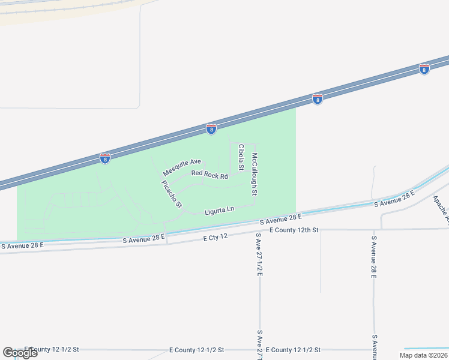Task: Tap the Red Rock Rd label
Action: pyautogui.click(x=209, y=175)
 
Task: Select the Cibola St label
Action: pyautogui.click(x=241, y=157)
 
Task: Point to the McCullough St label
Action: pyautogui.click(x=255, y=175)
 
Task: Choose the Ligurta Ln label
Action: pyautogui.click(x=218, y=210)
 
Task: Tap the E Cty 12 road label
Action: pyautogui.click(x=215, y=237)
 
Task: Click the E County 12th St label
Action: pyautogui.click(x=294, y=230)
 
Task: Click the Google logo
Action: pyautogui.click(x=20, y=353)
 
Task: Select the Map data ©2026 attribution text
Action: pyautogui.click(x=423, y=355)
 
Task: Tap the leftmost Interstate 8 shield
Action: pyautogui.click(x=105, y=158)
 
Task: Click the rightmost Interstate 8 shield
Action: pyautogui.click(x=424, y=70)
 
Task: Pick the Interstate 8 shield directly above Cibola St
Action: pyautogui.click(x=211, y=128)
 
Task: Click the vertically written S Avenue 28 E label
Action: pyautogui.click(x=373, y=257)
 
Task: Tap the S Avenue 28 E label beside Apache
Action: pyautogui.click(x=394, y=199)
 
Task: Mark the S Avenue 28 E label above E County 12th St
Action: pyautogui.click(x=280, y=220)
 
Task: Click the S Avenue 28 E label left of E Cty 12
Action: pyautogui.click(x=143, y=239)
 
